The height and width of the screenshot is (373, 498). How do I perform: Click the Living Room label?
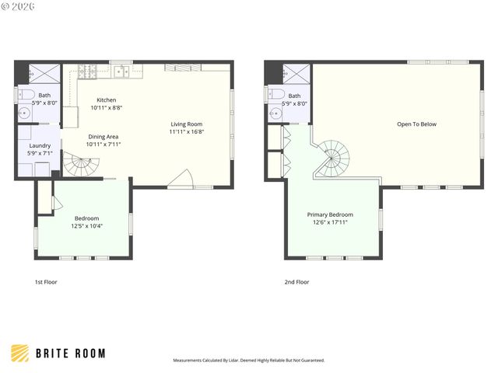tap(187, 124)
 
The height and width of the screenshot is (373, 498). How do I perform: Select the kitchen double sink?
tap(122, 73)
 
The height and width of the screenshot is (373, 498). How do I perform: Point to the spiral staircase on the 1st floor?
tap(83, 166)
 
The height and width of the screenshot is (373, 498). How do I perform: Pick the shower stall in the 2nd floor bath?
tap(297, 75)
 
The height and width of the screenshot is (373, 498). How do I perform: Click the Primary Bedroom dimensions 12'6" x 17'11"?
tap(330, 222)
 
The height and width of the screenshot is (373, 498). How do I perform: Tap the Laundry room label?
tap(40, 145)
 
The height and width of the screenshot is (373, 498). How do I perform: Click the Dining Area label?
tap(103, 136)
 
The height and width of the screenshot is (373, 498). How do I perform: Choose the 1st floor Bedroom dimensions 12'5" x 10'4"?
tap(88, 226)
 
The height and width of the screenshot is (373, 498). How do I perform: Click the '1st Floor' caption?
tap(46, 282)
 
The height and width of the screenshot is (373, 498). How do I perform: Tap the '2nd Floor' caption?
tap(296, 282)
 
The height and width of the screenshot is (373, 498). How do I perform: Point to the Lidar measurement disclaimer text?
tap(248, 361)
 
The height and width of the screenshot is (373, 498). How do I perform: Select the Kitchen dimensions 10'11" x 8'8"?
tap(107, 108)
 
